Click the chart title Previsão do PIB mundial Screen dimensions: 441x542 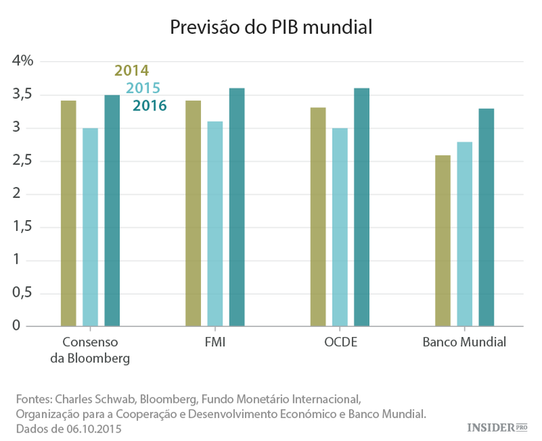pos(270,27)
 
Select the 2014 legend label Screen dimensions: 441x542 pos(132,71)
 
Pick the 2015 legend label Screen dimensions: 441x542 pos(142,88)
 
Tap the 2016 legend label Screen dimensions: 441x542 pos(150,106)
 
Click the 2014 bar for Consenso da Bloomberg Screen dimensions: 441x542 pos(69,213)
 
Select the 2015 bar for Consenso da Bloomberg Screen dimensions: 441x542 pos(90,227)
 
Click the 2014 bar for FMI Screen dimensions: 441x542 pos(193,213)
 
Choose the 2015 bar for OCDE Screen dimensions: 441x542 pos(340,227)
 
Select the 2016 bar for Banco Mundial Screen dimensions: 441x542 pos(486,217)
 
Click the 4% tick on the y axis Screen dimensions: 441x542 pos(23,61)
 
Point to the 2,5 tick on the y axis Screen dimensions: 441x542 pos(23,161)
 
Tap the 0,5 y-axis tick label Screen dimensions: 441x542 pos(23,293)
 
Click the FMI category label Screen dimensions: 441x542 pos(215,342)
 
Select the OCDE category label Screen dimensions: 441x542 pos(340,342)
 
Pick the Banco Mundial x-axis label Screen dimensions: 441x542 pos(464,342)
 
